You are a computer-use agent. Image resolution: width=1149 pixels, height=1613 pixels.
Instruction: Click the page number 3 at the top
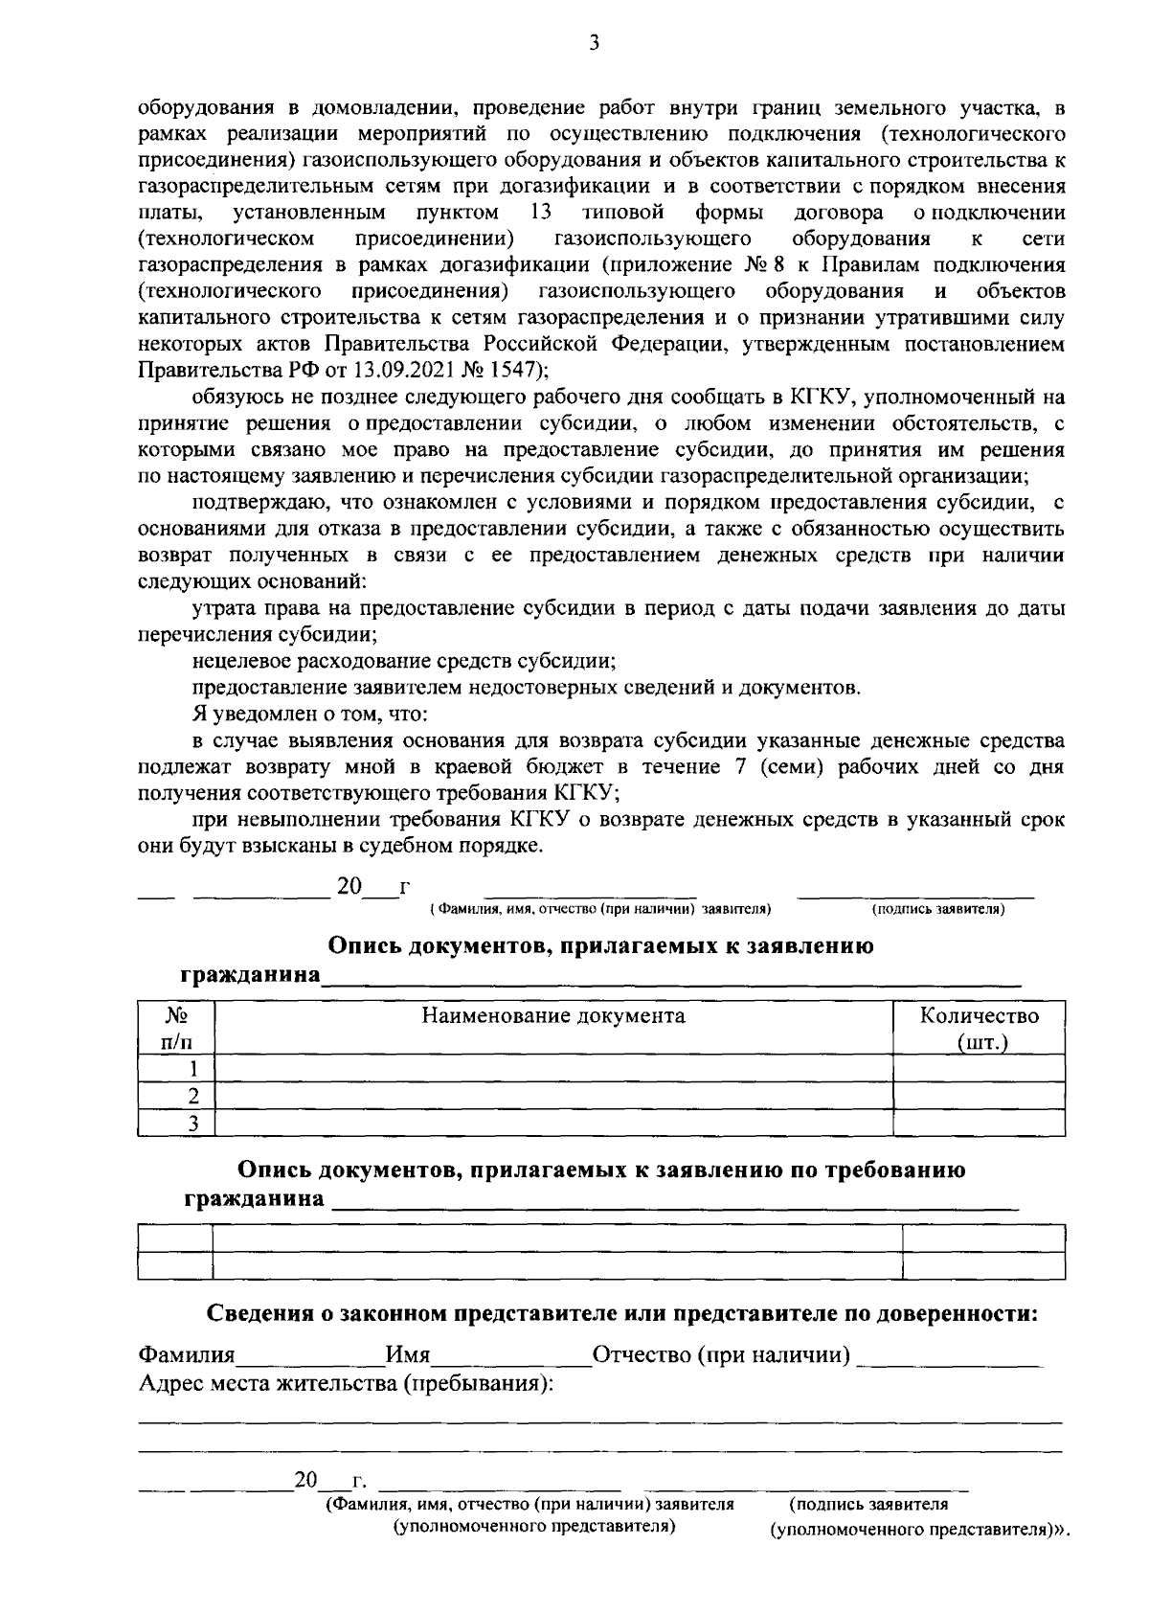(x=594, y=43)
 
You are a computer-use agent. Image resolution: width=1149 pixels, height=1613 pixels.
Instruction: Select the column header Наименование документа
(x=553, y=1015)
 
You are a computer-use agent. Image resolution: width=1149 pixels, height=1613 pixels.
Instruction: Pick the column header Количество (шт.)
(x=979, y=1028)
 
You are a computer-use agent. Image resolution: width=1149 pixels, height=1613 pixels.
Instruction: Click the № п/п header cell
(x=175, y=1028)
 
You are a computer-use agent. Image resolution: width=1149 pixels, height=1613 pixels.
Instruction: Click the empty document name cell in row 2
(x=553, y=1096)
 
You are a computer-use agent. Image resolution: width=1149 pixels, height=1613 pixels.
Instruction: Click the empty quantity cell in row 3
(x=979, y=1123)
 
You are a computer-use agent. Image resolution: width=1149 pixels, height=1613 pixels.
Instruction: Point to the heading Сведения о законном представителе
(x=622, y=1314)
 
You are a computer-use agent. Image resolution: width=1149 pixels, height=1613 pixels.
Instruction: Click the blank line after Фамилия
(x=310, y=1358)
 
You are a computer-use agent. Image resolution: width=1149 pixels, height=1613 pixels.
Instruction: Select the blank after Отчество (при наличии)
(x=950, y=1358)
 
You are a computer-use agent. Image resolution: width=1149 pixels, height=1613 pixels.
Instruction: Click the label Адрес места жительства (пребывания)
(x=347, y=1384)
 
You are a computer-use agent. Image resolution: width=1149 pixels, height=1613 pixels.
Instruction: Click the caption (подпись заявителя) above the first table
(x=937, y=909)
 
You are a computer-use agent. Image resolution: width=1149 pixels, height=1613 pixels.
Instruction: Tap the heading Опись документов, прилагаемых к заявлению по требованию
(x=601, y=1170)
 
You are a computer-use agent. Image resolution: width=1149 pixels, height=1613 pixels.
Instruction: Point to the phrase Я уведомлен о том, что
(x=309, y=715)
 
